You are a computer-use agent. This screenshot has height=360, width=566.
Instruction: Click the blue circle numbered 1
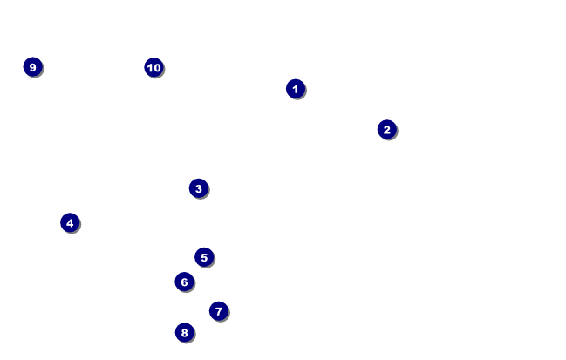click(295, 88)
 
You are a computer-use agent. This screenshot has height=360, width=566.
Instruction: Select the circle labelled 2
click(386, 129)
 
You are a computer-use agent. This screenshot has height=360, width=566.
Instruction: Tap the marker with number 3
click(198, 187)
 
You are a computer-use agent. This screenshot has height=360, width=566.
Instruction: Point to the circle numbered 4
click(70, 222)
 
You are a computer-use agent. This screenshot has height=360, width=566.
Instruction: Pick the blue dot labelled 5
click(204, 256)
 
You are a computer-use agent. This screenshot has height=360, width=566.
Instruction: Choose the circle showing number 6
click(183, 282)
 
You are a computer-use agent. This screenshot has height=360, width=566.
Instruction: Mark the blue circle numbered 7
click(218, 310)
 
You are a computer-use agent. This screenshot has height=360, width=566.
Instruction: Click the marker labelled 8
click(183, 332)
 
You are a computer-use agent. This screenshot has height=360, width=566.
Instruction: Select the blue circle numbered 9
click(32, 66)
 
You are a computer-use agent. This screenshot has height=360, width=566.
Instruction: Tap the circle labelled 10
click(153, 67)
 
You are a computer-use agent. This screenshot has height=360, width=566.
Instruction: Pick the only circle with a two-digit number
click(153, 67)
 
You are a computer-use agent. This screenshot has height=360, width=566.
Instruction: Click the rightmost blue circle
click(386, 129)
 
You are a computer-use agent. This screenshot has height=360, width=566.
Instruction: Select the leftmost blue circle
click(32, 66)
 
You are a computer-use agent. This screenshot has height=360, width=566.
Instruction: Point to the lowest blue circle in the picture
click(183, 332)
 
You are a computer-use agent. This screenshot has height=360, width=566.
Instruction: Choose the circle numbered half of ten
click(204, 256)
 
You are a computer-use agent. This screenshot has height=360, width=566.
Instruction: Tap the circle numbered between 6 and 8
click(218, 310)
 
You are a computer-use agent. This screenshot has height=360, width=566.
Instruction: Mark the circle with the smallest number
click(295, 88)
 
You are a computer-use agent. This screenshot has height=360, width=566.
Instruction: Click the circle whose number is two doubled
click(70, 222)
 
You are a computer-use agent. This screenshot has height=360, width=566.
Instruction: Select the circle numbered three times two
click(183, 282)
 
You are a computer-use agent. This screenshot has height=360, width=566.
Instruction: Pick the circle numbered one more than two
click(198, 187)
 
